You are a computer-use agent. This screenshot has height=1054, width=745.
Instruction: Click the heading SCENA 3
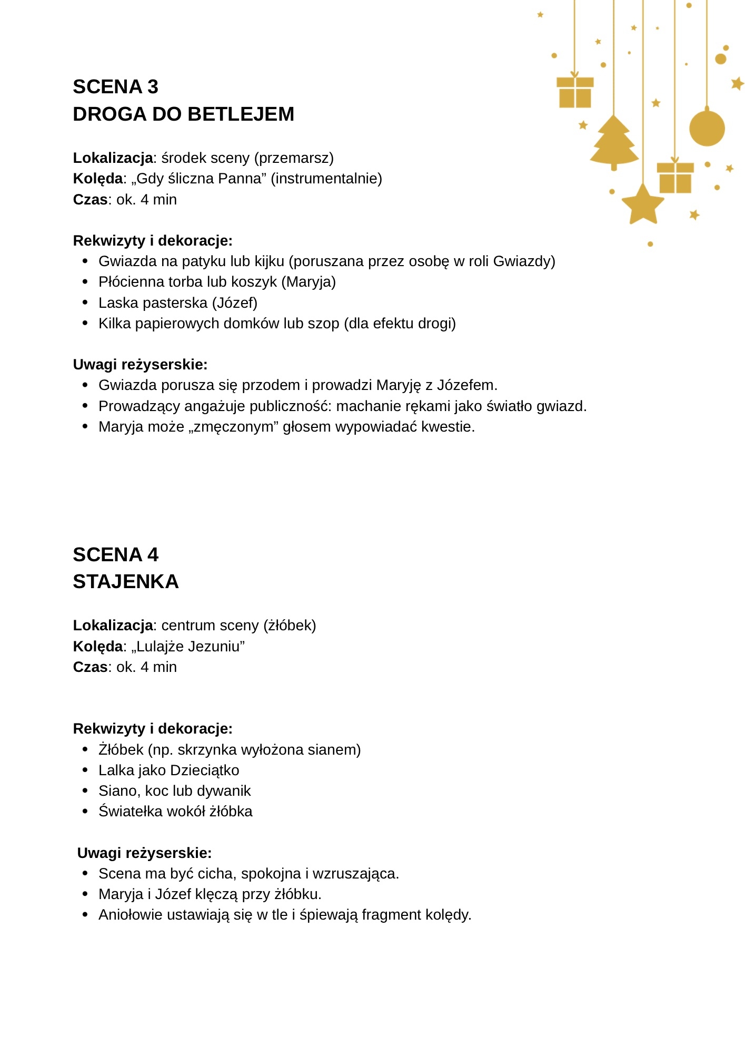pos(115,87)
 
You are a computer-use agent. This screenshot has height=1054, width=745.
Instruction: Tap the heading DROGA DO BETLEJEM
pos(183,114)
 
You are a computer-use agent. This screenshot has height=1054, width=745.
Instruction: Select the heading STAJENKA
pos(126,582)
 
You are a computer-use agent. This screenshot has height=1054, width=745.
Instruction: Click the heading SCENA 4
pos(115,555)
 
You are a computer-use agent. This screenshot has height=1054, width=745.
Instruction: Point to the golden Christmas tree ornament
pos(614,141)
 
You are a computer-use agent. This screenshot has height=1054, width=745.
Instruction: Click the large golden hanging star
pos(643,204)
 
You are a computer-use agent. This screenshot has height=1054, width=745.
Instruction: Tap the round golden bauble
pos(707,128)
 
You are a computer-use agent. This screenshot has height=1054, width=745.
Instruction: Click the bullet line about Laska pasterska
pos(177,303)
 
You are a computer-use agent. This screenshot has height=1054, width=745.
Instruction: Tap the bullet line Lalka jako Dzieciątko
pos(168,770)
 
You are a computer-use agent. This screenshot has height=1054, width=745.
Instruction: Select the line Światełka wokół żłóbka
pos(175,812)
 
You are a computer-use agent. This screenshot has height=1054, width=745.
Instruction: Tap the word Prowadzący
pos(138,406)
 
